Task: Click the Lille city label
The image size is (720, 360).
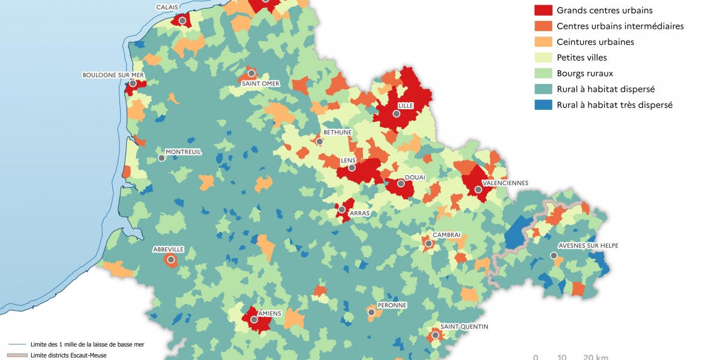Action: pos(406,106)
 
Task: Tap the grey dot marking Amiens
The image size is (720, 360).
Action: pos(254,320)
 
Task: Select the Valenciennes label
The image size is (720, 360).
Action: pos(505,182)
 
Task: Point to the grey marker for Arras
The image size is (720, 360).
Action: pos(341,210)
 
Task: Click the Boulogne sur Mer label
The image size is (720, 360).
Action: pos(114,75)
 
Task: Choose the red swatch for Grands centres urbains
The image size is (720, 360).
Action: pos(542,10)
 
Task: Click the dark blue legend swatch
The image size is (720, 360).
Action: pos(542,104)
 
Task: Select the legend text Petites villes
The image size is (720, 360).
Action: pos(581,58)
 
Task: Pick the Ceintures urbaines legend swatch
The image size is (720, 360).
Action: pos(542,42)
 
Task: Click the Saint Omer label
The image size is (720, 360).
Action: pos(260,83)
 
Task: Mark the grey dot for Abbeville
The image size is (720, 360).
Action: pos(171,260)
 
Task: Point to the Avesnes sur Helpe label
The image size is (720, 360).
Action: pos(588,245)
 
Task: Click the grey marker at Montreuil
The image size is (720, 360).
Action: pos(161,158)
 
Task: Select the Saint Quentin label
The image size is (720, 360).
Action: pos(464,326)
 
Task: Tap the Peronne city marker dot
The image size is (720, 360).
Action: pos(371,312)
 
